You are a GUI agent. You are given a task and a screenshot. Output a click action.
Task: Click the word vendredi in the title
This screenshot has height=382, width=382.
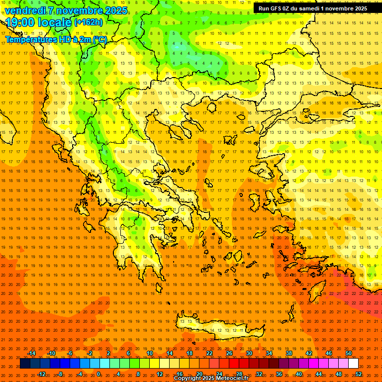click(25, 10)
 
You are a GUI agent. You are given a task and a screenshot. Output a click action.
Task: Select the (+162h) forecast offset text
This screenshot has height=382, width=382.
click(89, 22)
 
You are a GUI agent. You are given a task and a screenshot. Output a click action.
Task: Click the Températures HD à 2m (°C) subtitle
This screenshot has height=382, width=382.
click(56, 40)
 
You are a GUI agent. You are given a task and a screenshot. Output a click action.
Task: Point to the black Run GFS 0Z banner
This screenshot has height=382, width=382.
click(312, 8)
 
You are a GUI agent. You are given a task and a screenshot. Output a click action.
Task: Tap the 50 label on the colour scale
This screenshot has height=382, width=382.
click(349, 353)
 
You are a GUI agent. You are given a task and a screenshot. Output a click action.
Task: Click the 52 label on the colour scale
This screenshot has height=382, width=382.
click(359, 374)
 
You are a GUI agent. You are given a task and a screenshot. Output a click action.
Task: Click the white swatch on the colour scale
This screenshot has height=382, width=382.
click(354, 364)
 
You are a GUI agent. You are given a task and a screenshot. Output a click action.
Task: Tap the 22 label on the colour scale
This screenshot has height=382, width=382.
click(209, 353)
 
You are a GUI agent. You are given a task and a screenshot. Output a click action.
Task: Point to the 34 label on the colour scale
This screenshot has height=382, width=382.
click(269, 353)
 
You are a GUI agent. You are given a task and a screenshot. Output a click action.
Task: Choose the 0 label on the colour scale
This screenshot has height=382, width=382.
click(99, 374)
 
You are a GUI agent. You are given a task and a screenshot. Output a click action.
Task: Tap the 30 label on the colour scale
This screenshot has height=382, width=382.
click(249, 353)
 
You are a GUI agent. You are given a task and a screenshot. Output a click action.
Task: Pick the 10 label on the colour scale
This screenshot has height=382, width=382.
click(150, 353)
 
